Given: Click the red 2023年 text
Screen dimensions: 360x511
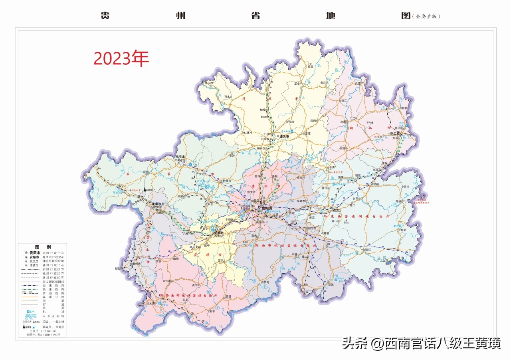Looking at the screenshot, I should pyautogui.click(x=121, y=59).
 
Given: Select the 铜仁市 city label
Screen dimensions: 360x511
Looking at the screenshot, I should pyautogui.click(x=397, y=133).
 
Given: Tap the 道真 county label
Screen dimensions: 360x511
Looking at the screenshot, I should pyautogui.click(x=310, y=67).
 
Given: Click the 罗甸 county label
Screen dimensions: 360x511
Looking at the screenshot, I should pyautogui.click(x=265, y=282).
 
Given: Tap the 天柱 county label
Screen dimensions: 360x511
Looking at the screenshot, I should pyautogui.click(x=406, y=187).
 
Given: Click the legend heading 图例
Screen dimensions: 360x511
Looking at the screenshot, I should pyautogui.click(x=43, y=247).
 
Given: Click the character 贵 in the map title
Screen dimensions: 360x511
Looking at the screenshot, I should pyautogui.click(x=105, y=16).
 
